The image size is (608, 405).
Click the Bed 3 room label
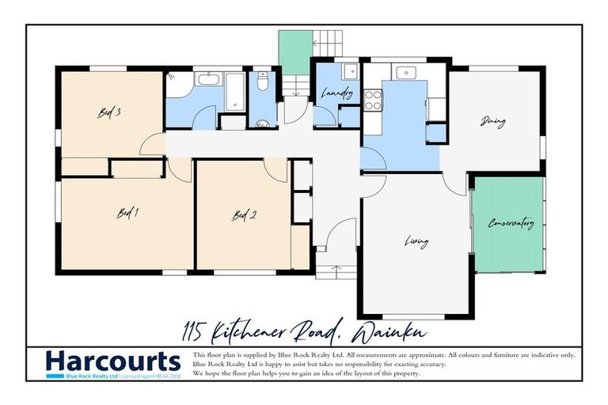(109, 112)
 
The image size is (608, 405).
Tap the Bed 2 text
(244, 214)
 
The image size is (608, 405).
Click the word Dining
(493, 122)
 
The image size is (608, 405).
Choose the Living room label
(416, 241)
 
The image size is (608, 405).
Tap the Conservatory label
(511, 224)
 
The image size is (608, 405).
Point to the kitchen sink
(406, 72)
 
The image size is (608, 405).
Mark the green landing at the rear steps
(294, 53)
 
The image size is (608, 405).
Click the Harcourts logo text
(113, 361)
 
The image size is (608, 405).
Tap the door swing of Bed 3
(153, 144)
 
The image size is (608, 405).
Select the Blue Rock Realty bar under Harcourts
(113, 377)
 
